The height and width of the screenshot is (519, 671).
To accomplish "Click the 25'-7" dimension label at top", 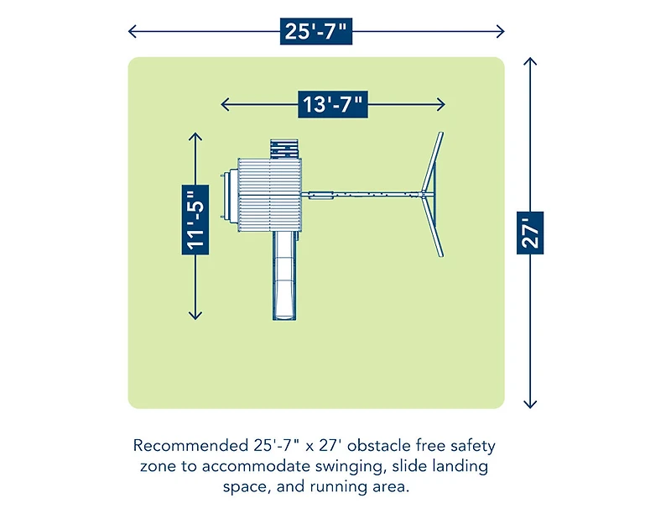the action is (x=316, y=31).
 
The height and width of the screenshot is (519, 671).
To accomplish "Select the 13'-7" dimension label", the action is (x=333, y=104).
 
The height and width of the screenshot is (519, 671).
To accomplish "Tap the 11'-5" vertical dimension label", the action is (x=195, y=220).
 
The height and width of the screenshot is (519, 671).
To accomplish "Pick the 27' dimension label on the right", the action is (x=530, y=233).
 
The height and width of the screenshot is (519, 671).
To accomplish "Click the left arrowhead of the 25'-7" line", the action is (x=133, y=31).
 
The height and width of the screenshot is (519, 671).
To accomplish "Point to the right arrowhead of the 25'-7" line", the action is (x=500, y=31).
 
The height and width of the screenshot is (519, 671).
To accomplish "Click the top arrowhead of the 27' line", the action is (x=530, y=60).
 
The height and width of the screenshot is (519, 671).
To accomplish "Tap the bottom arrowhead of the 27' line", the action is (x=530, y=404).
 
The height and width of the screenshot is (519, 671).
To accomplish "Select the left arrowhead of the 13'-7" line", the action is (x=225, y=104).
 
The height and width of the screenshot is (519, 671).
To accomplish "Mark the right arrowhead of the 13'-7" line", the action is (x=441, y=104).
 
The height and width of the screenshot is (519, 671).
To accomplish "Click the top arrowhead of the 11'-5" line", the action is (x=195, y=137).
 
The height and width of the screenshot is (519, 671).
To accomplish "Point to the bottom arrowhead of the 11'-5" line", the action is (x=195, y=316).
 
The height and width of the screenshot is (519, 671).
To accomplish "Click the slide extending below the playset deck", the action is (x=284, y=275).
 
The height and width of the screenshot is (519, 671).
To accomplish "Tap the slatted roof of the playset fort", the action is (x=269, y=195).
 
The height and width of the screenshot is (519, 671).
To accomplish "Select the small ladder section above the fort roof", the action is (x=284, y=149).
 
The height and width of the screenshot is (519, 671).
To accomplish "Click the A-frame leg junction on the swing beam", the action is (x=424, y=195).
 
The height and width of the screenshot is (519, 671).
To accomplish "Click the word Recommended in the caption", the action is (x=191, y=446).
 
